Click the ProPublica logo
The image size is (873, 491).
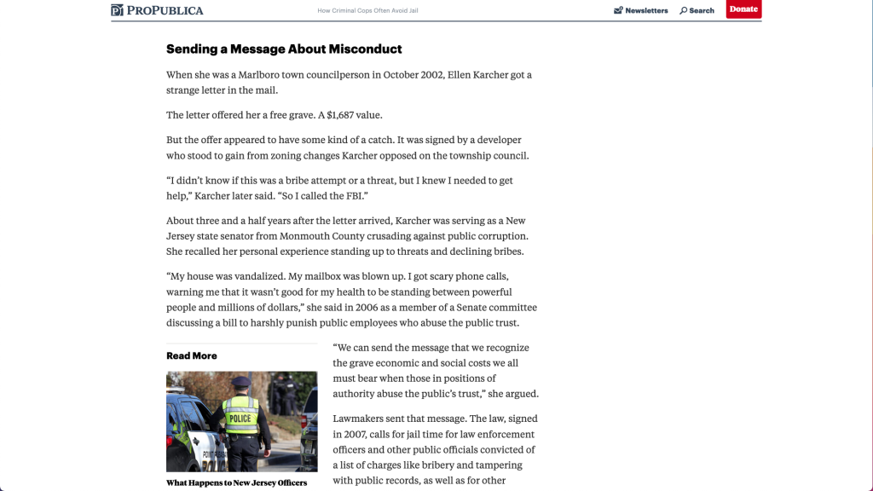point(157,10)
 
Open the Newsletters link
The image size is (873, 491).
point(641,10)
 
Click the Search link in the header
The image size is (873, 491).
point(697,10)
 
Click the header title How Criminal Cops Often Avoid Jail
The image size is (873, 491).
point(367,10)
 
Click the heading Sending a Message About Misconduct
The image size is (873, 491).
point(284,49)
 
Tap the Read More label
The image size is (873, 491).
point(192,355)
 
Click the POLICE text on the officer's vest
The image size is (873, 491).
point(240,418)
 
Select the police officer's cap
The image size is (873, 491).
point(241,382)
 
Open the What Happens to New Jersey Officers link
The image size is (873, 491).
point(236,482)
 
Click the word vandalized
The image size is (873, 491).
point(254,276)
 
